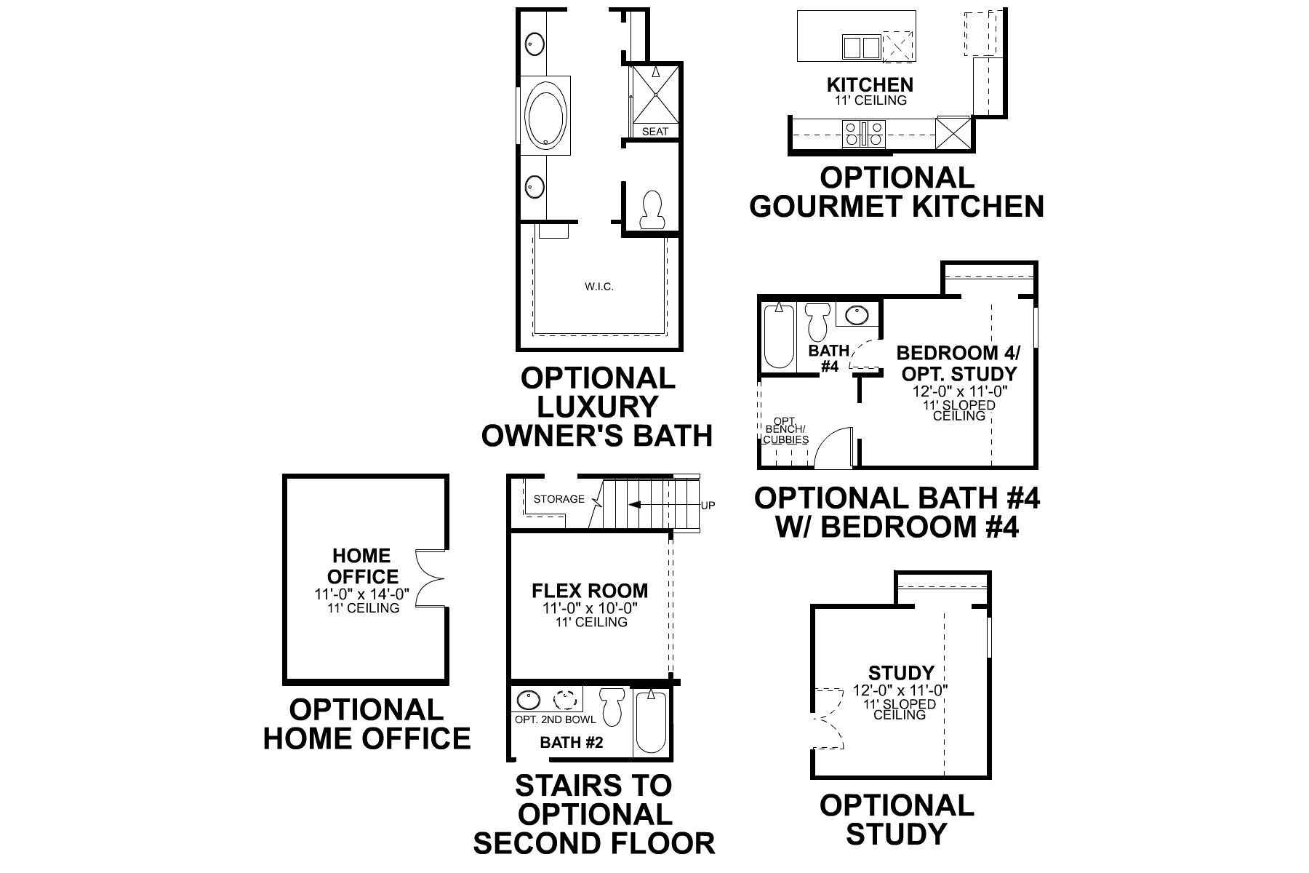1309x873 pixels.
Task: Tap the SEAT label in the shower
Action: tap(654, 132)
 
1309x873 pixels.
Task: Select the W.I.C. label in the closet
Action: tap(599, 287)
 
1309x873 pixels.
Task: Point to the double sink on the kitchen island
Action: tap(861, 47)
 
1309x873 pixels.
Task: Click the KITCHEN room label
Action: tap(870, 84)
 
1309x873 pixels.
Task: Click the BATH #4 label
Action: tap(829, 359)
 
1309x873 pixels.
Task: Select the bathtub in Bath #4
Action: tap(779, 337)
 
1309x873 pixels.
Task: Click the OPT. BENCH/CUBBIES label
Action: tap(785, 430)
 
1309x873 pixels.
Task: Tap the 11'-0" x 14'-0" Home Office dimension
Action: tap(361, 594)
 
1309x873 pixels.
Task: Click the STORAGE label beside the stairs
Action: tap(559, 499)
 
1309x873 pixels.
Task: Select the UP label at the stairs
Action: tap(708, 505)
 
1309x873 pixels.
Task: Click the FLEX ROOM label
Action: tap(590, 590)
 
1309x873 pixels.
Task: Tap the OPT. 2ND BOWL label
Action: tap(555, 719)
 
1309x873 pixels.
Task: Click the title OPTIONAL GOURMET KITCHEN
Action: tap(896, 192)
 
